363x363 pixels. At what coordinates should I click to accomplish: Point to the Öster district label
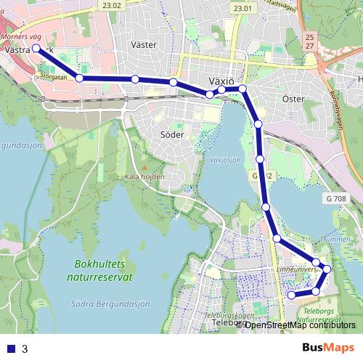pyautogui.click(x=293, y=98)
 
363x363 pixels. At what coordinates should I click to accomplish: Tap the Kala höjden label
pyautogui.click(x=145, y=176)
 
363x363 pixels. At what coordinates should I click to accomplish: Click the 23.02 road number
pyautogui.click(x=113, y=6)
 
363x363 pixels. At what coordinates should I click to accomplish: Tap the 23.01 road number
pyautogui.click(x=243, y=8)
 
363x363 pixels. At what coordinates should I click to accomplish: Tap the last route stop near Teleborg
pyautogui.click(x=292, y=295)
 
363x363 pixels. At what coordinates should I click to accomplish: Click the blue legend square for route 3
pyautogui.click(x=10, y=348)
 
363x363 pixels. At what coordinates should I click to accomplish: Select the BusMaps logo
pyautogui.click(x=328, y=348)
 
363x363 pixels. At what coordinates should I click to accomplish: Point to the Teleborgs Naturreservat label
pyautogui.click(x=319, y=314)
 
